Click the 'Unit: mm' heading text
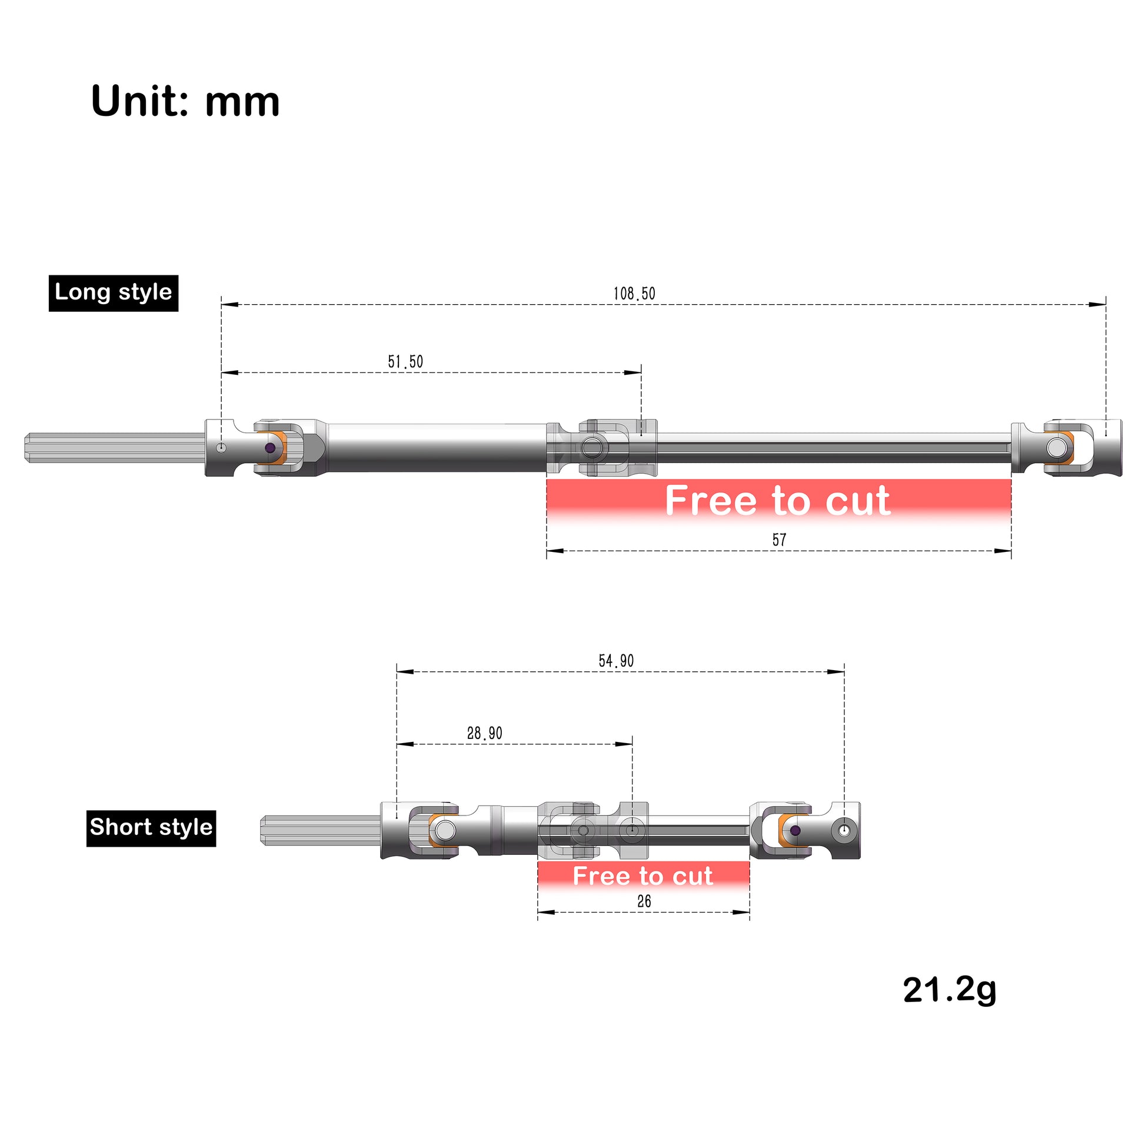click(x=185, y=101)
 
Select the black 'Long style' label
click(x=113, y=292)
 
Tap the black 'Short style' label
click(x=151, y=827)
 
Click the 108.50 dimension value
click(x=634, y=294)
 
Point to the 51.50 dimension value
click(x=405, y=361)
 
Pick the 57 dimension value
click(x=779, y=540)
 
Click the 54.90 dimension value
click(x=616, y=661)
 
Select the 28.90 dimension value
click(x=484, y=733)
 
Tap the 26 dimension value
click(x=644, y=901)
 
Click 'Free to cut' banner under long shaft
click(x=778, y=501)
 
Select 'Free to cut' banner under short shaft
click(x=643, y=876)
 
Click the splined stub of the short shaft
click(x=320, y=830)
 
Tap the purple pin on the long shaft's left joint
click(x=270, y=448)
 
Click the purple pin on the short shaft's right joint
click(x=795, y=830)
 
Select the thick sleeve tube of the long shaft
click(x=435, y=447)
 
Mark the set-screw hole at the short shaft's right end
click(x=844, y=830)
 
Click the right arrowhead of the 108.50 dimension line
click(x=1097, y=305)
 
